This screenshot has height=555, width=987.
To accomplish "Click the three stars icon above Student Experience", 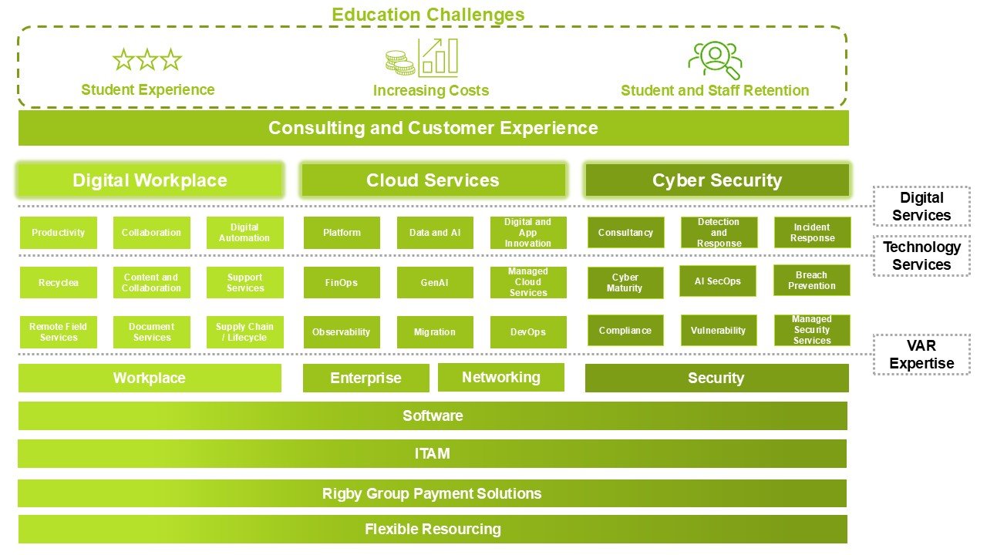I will (x=147, y=59).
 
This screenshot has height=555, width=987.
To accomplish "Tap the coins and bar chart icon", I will (x=421, y=58).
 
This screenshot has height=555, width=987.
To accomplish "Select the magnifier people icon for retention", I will (x=715, y=59).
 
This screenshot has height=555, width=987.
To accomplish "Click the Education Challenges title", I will (x=428, y=15).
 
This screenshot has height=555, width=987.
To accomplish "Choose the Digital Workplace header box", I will (x=150, y=180).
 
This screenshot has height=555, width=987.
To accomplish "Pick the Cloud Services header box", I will (x=433, y=180).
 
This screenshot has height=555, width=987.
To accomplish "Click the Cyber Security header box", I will (x=716, y=180).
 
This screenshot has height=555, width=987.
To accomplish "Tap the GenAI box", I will (x=435, y=283).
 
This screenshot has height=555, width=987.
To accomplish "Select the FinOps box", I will (x=341, y=283).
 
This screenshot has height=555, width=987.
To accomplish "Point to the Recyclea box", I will (x=59, y=283).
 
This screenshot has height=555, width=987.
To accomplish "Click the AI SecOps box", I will (x=717, y=281).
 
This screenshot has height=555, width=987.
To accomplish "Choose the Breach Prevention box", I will (x=811, y=281).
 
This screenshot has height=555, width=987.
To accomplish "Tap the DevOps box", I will (x=528, y=332).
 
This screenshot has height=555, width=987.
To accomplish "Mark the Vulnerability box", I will (x=718, y=331).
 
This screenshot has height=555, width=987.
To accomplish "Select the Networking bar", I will (x=500, y=377).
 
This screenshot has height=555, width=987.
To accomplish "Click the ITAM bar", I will (x=432, y=454).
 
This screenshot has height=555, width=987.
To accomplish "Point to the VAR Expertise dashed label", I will (x=921, y=355).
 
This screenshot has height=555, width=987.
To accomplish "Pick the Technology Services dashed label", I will (x=921, y=256).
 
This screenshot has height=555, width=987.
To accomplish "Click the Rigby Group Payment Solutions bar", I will (x=432, y=493).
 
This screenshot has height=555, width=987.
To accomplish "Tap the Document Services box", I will (x=152, y=332).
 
